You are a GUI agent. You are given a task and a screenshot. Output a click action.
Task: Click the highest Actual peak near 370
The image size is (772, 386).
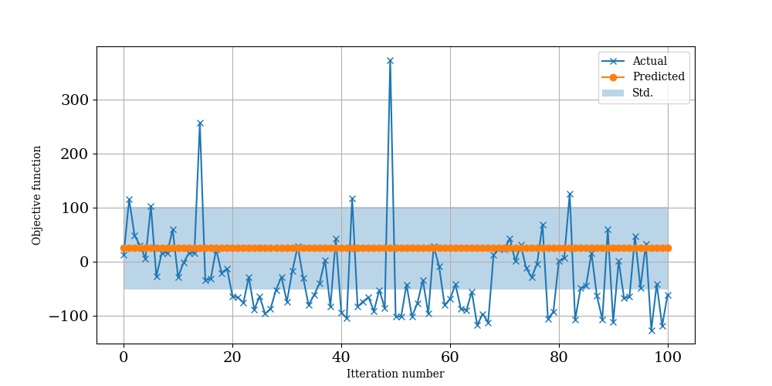tap(390, 60)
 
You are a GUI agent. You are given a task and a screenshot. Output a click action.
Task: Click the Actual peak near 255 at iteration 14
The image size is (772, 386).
tap(200, 124)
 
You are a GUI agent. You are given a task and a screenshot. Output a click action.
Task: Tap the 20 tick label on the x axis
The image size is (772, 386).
tap(232, 357)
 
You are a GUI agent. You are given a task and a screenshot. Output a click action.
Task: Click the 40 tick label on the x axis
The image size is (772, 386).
tap(341, 357)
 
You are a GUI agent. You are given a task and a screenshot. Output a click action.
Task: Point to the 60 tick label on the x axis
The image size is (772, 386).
tap(450, 357)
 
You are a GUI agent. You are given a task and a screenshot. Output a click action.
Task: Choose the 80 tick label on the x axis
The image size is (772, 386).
tap(559, 357)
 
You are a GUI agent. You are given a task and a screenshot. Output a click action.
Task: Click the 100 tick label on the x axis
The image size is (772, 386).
tap(668, 357)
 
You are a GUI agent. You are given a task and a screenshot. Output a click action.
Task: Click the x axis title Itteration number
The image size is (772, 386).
tap(395, 374)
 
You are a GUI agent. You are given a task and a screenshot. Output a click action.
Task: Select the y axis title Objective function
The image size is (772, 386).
tap(37, 195)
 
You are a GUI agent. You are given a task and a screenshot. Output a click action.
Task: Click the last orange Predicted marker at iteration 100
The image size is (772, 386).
tap(668, 248)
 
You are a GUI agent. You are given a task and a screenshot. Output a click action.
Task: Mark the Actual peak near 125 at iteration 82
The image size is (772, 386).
tap(570, 195)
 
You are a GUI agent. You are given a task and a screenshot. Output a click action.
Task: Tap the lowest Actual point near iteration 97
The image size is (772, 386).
tap(652, 330)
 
